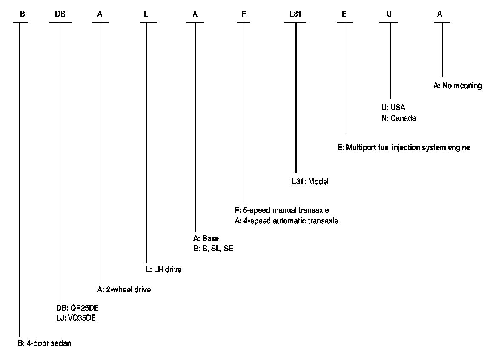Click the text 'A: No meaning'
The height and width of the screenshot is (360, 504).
tap(458, 86)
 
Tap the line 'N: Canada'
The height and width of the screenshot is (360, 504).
tap(398, 118)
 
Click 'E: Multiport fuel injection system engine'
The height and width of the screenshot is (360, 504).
tap(404, 148)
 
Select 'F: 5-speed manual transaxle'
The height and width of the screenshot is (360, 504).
tap(282, 210)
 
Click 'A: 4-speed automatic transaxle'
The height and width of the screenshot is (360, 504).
tap(286, 221)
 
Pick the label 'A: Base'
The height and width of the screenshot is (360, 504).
tap(206, 238)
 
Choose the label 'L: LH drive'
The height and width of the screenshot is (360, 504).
tap(163, 270)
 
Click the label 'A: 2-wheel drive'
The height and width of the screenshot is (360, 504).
tap(124, 290)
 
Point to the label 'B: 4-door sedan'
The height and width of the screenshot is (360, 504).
tap(44, 343)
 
